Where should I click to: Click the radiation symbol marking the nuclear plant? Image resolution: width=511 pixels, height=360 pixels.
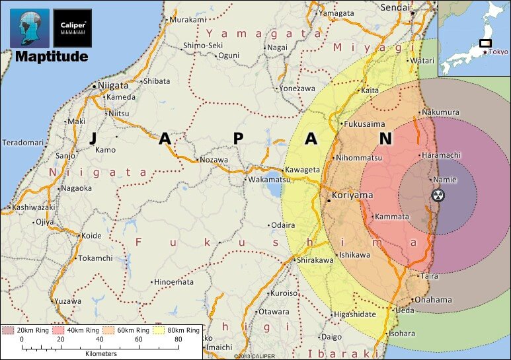coord(438,196)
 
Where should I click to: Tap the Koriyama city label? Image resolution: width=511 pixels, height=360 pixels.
coord(353,196)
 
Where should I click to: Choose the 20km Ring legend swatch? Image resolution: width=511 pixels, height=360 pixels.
coord(9,330)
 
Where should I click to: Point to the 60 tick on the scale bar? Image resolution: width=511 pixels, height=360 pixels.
coord(138,340)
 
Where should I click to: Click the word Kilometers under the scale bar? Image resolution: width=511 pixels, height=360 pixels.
coord(100,353)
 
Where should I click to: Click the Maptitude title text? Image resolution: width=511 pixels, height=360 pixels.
coord(52,57)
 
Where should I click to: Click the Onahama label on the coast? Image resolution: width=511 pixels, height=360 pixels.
coord(433,300)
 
